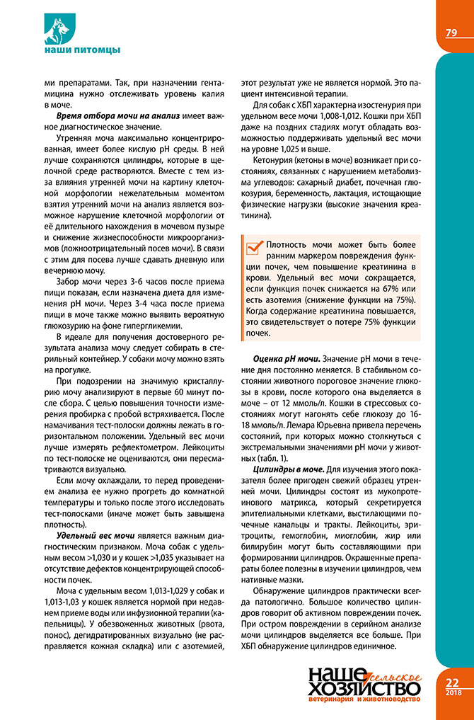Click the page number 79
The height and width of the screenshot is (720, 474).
coord(451,33)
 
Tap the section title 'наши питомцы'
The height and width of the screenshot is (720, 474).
coord(77,50)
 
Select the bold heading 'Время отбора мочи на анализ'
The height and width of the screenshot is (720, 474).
coord(115,115)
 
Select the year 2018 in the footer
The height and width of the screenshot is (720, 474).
coord(453,693)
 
